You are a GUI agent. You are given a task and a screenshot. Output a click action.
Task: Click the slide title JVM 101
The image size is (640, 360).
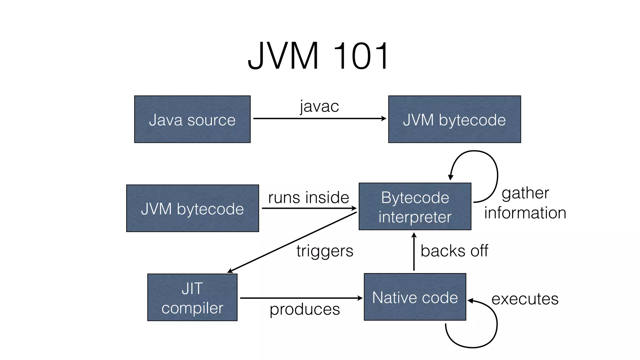point(318,56)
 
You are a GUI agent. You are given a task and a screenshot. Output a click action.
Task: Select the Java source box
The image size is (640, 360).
point(192,119)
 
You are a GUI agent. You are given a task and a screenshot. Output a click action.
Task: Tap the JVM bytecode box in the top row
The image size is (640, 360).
point(454,119)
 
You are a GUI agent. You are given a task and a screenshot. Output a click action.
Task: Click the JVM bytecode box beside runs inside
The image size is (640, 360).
point(192,208)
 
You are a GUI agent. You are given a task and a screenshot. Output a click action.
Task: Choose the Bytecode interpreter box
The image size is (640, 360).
point(415,207)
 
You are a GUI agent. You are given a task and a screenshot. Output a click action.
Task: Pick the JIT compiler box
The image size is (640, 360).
point(192,297)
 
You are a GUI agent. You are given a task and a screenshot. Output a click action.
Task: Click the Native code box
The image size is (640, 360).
point(415,297)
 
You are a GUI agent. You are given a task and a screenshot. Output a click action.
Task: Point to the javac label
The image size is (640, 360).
point(319,106)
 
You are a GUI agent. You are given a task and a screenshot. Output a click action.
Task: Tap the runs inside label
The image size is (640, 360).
point(308,197)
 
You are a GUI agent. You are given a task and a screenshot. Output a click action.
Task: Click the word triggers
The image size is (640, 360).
point(325,251)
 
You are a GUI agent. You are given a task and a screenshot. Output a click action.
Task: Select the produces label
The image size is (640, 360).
point(305,309)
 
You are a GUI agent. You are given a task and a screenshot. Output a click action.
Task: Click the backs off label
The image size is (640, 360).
point(454,251)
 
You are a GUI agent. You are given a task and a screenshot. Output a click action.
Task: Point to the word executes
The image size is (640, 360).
point(525,299)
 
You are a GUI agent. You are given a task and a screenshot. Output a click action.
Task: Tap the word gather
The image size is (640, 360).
point(525,193)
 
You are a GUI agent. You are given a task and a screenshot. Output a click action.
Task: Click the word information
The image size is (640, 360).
point(525,213)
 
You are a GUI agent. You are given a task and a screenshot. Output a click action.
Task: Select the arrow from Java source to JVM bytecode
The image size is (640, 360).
point(319,118)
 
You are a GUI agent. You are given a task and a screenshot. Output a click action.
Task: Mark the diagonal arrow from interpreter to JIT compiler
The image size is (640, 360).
point(292,242)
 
